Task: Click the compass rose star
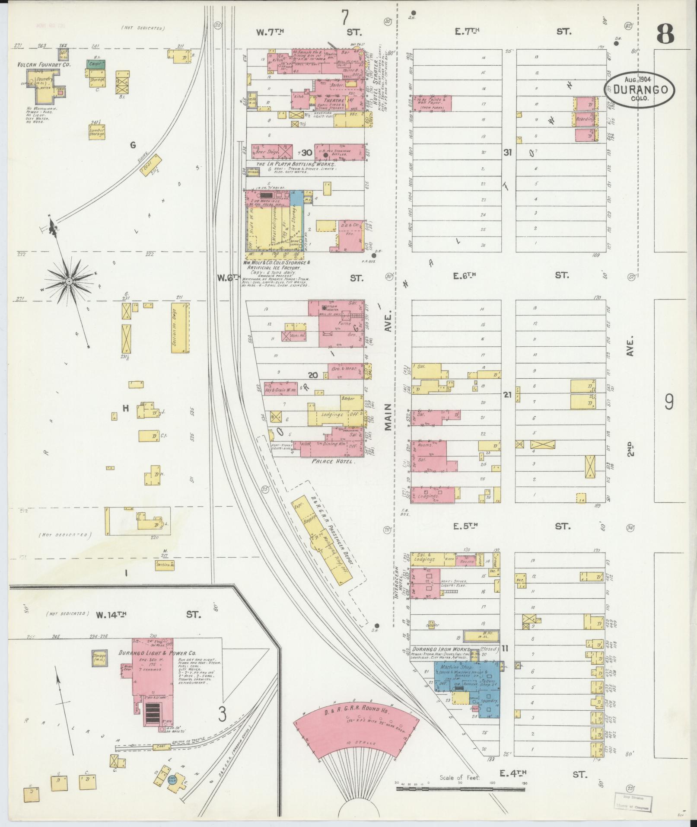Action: coord(68,282)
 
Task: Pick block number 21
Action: coord(507,394)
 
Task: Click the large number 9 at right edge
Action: coord(669,403)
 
